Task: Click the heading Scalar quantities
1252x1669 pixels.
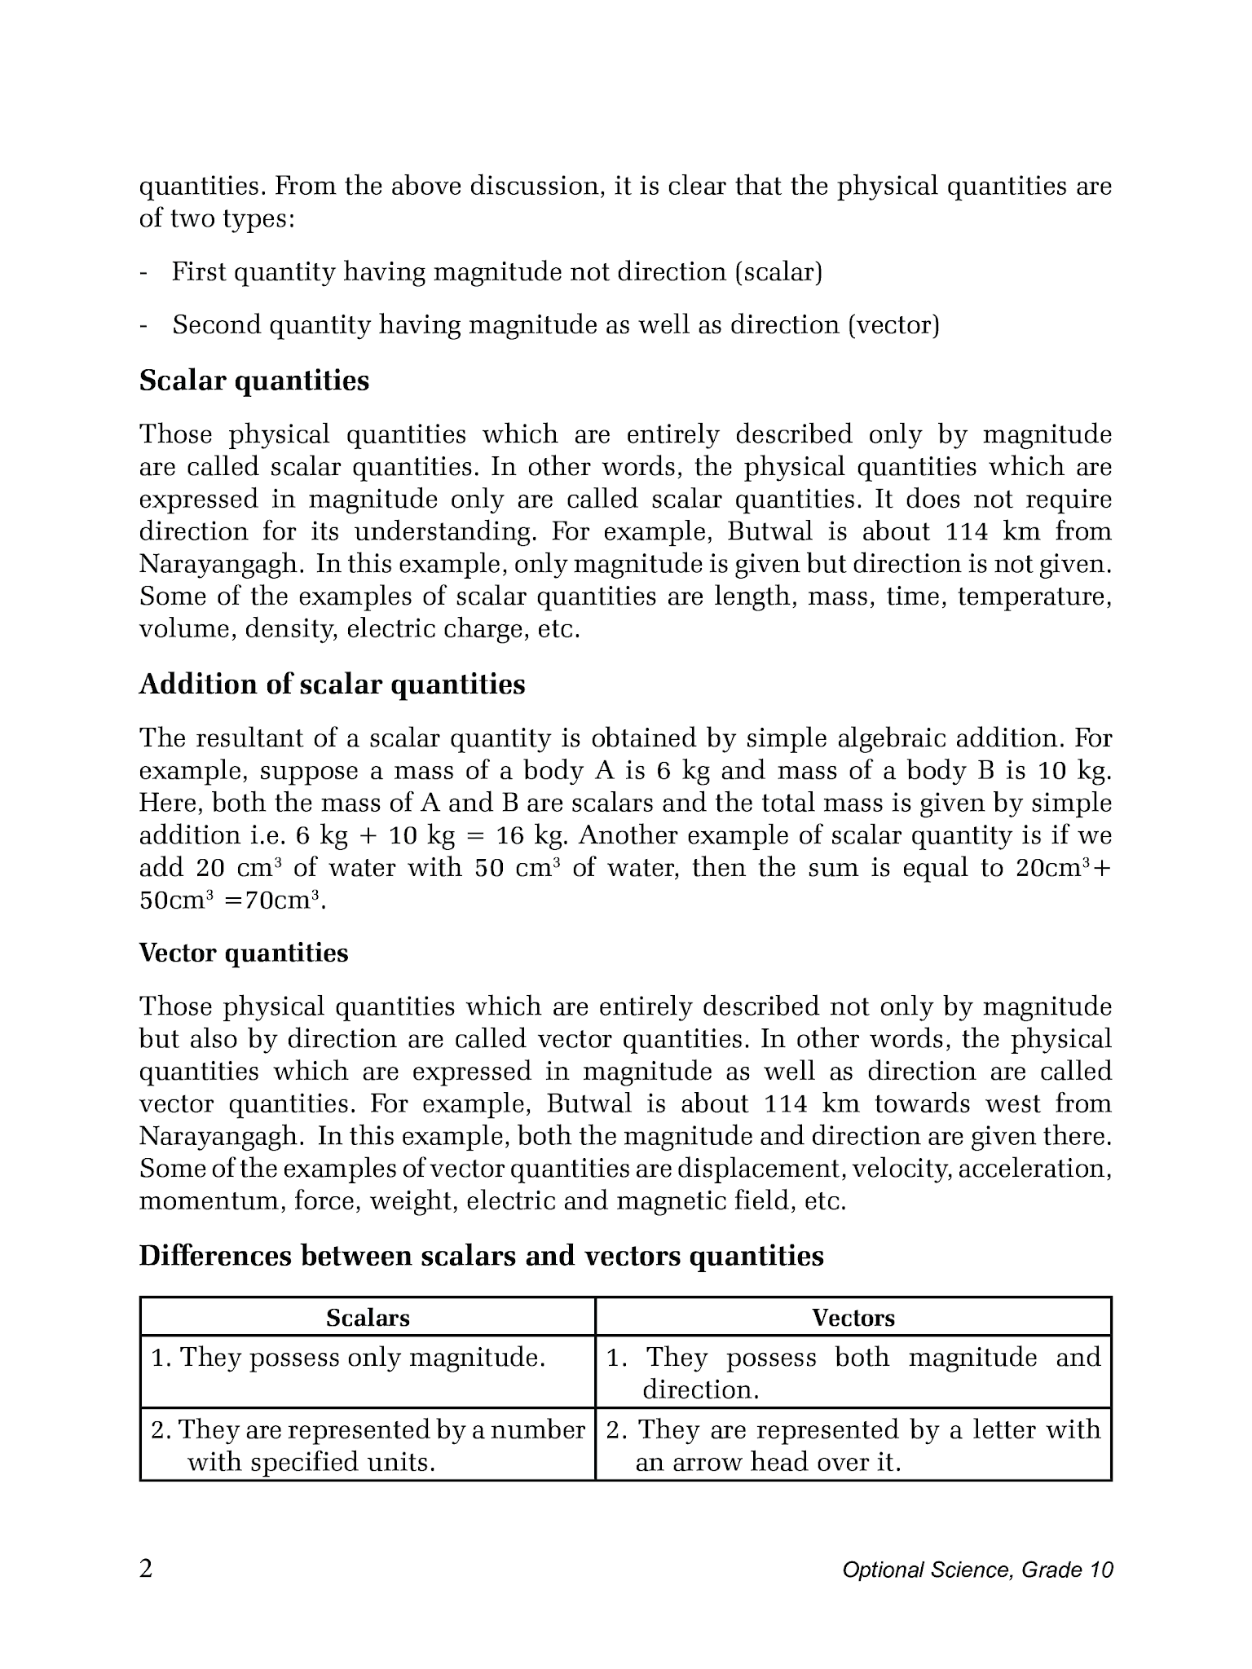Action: click(x=253, y=381)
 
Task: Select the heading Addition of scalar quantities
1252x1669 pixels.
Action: click(x=332, y=685)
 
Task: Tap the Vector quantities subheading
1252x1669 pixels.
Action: click(x=244, y=953)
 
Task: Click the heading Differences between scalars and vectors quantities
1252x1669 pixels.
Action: click(x=481, y=1256)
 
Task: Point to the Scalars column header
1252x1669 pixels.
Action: click(x=368, y=1318)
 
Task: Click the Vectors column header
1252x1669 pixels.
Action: click(x=853, y=1318)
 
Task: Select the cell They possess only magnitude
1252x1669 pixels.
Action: click(x=349, y=1358)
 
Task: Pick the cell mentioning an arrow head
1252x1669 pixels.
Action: click(x=853, y=1446)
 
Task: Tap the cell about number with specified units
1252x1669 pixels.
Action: click(x=368, y=1446)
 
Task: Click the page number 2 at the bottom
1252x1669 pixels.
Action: click(x=146, y=1569)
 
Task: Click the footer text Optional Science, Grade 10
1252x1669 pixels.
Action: click(x=977, y=1570)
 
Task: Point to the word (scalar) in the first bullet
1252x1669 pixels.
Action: click(x=778, y=272)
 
